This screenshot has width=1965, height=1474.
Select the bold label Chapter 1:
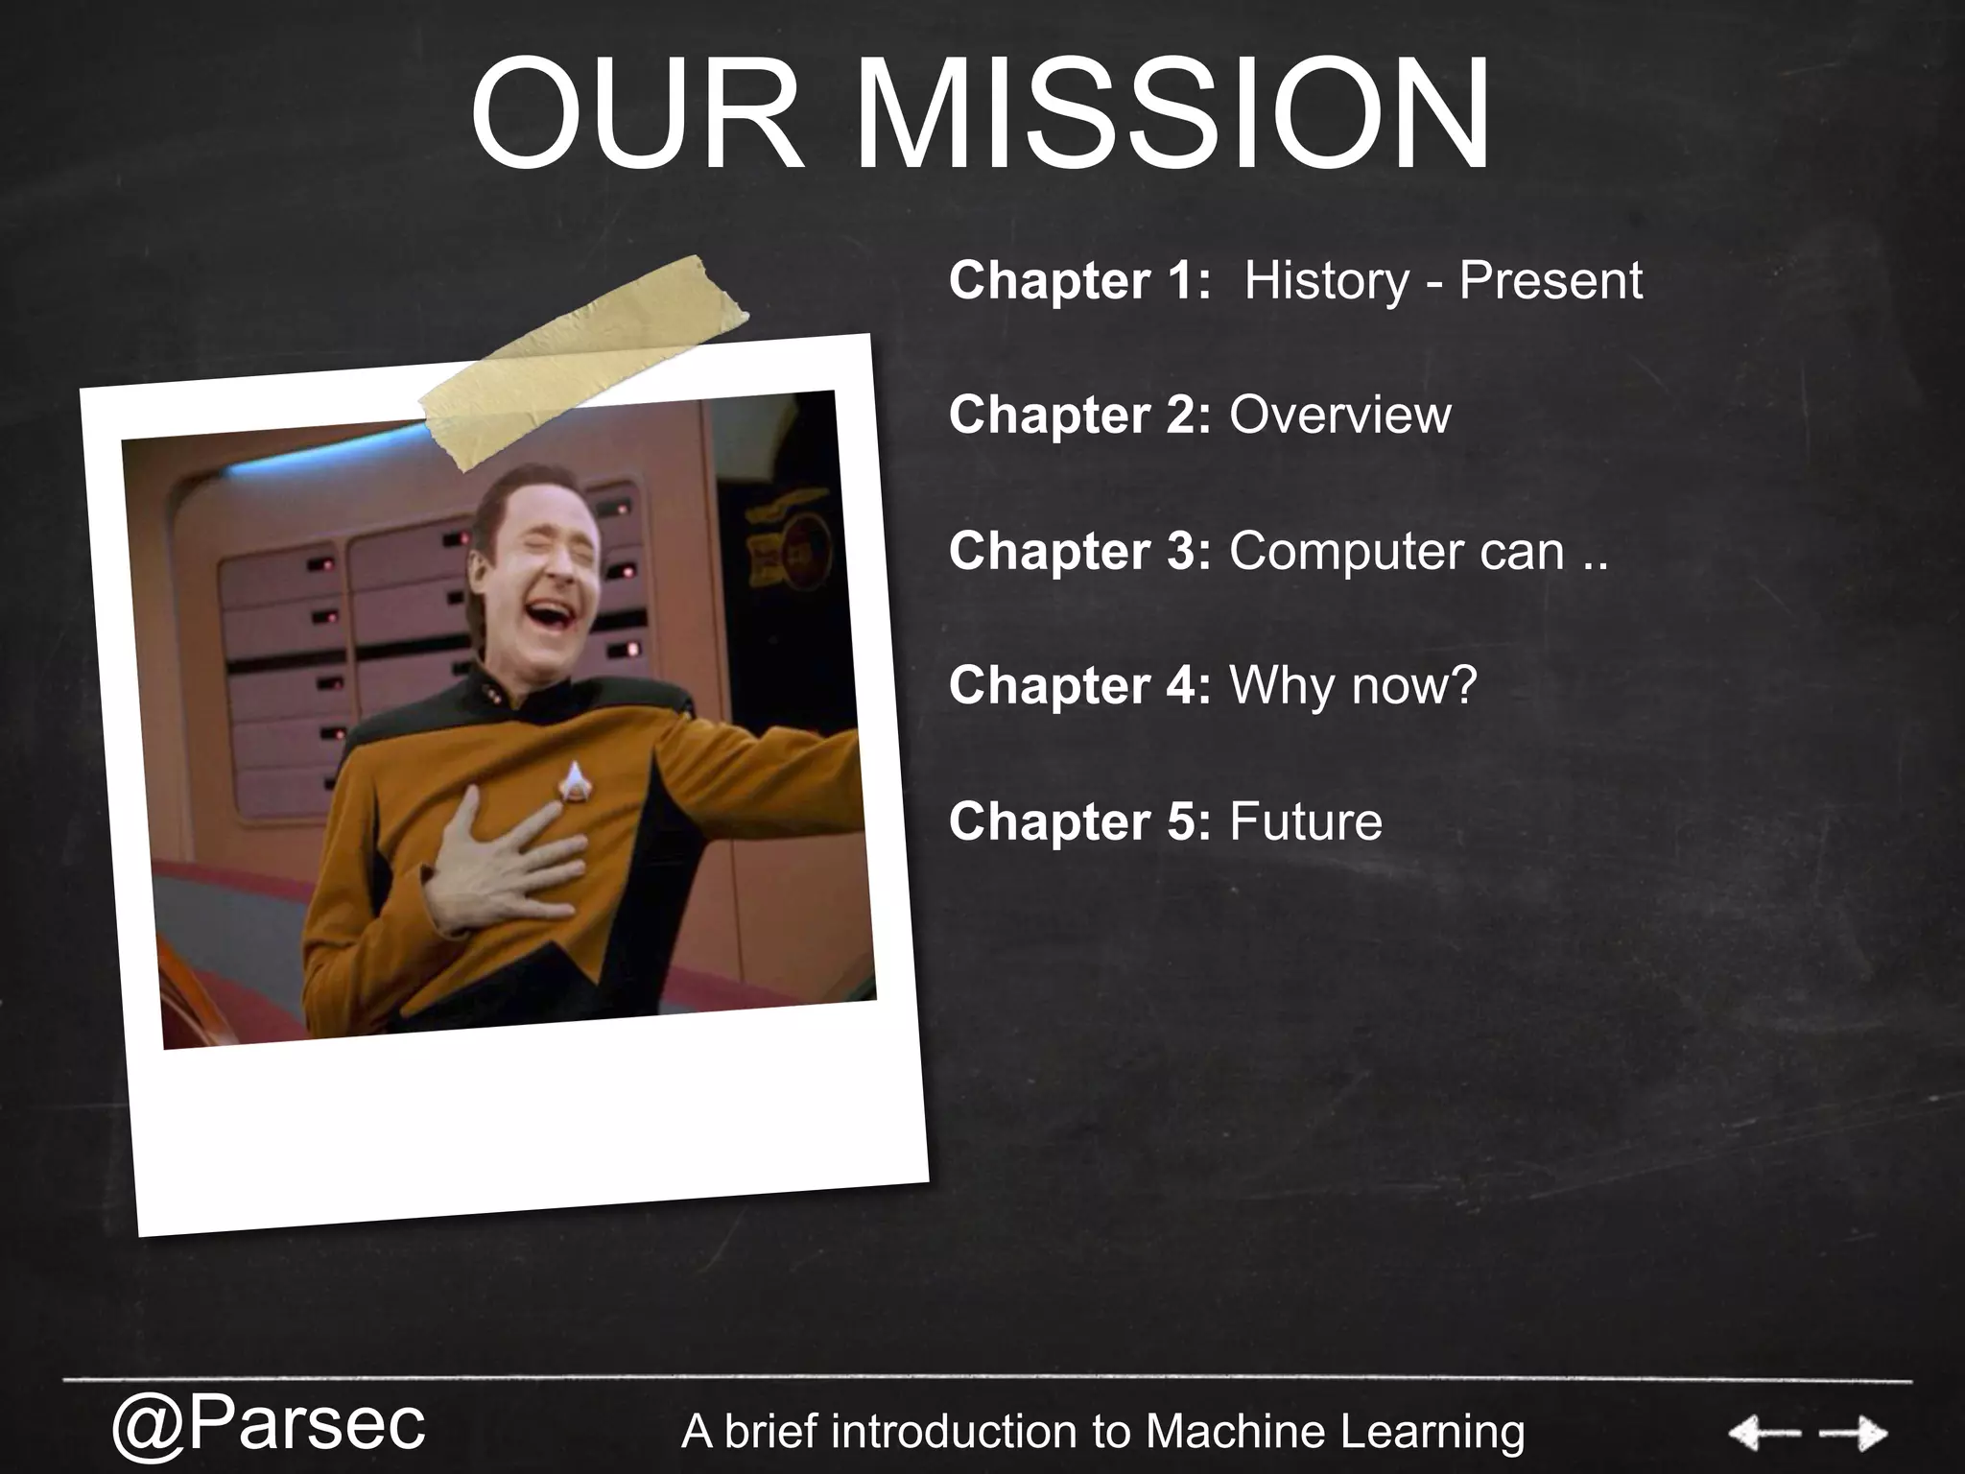(x=1079, y=280)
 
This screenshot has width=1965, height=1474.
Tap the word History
(x=1326, y=280)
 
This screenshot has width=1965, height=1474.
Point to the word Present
(x=1550, y=280)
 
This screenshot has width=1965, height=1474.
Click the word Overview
(x=1339, y=416)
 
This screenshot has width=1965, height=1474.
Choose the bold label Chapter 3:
(x=1079, y=551)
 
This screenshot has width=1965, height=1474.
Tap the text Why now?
(x=1353, y=685)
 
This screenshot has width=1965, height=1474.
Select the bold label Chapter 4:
(x=1079, y=685)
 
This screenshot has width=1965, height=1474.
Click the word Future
(x=1305, y=821)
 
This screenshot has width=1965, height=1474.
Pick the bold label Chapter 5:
(x=1079, y=821)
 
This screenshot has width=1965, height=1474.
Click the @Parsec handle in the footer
(x=269, y=1425)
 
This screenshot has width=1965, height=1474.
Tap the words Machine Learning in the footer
(x=1335, y=1432)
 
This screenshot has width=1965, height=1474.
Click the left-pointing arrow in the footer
(x=1764, y=1434)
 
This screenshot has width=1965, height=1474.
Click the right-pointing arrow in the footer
(x=1853, y=1434)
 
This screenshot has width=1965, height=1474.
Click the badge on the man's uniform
(x=575, y=779)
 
